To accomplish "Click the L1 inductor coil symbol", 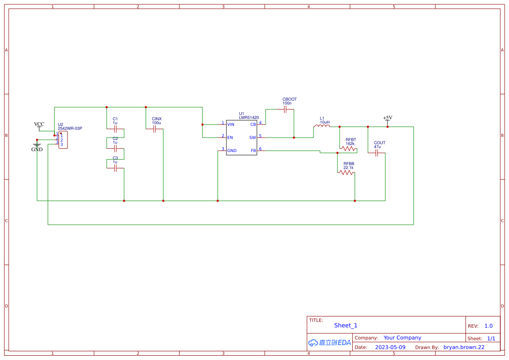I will pyautogui.click(x=322, y=127).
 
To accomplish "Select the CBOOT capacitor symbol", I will pyautogui.click(x=285, y=110).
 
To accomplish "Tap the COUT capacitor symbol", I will pyautogui.click(x=377, y=153).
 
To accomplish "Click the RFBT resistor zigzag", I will pyautogui.click(x=348, y=149).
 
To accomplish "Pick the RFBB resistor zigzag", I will pyautogui.click(x=346, y=173).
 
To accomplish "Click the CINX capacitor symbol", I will pyautogui.click(x=155, y=129).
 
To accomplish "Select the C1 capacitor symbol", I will pyautogui.click(x=115, y=129).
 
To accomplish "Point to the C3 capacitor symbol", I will pyautogui.click(x=115, y=168).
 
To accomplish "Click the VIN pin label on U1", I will pyautogui.click(x=231, y=125).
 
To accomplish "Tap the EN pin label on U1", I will pyautogui.click(x=230, y=138).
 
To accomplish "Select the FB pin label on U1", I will pyautogui.click(x=253, y=151).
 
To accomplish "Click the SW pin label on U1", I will pyautogui.click(x=253, y=138).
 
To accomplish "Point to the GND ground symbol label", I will pyautogui.click(x=37, y=149).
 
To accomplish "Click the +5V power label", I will pyautogui.click(x=388, y=118).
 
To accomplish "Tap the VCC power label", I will pyautogui.click(x=39, y=124).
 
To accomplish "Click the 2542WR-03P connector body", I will pyautogui.click(x=64, y=140).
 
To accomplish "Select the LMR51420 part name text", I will pyautogui.click(x=249, y=118).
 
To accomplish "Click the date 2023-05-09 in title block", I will pyautogui.click(x=390, y=347).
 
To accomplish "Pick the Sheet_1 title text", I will pyautogui.click(x=346, y=326).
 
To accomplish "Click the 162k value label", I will pyautogui.click(x=350, y=144).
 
